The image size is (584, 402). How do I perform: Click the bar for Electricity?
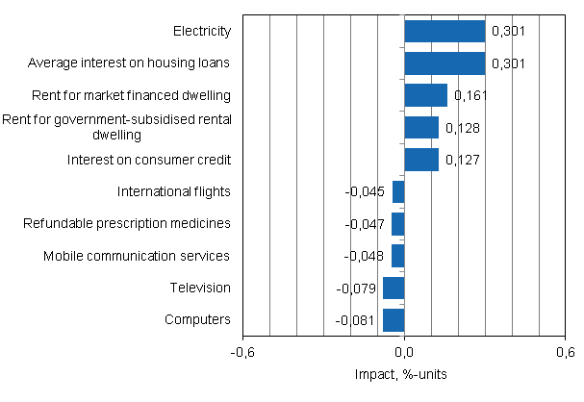tap(444, 32)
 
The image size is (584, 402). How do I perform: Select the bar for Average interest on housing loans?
tap(444, 63)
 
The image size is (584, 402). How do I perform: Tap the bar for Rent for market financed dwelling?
tap(425, 95)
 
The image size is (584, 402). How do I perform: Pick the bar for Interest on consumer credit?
tap(421, 160)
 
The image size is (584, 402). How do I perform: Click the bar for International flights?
tap(398, 191)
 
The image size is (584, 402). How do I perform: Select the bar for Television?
tap(394, 288)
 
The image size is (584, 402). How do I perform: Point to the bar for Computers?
tap(394, 319)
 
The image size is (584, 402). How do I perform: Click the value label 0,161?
tap(470, 96)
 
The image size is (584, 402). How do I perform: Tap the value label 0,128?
tap(461, 128)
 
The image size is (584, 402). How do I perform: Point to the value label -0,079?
tap(356, 288)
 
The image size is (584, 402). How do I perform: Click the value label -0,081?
tap(356, 319)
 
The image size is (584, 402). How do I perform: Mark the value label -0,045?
tap(366, 191)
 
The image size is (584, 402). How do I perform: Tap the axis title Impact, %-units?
tap(404, 373)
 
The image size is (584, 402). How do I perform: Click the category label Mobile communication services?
tap(137, 256)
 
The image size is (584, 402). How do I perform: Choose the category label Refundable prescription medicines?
tap(127, 223)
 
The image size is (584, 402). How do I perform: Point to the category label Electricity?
tap(202, 32)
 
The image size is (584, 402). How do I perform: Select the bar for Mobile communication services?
tap(398, 256)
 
